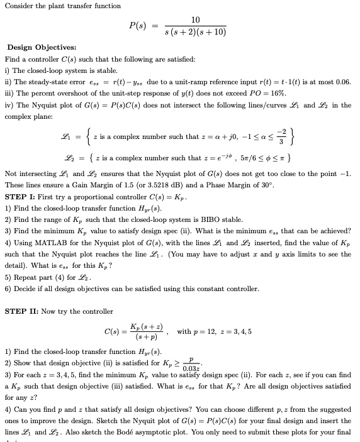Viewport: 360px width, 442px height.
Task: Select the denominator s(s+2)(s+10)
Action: point(194,32)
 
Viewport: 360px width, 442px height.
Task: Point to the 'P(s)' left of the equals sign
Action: point(139,26)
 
